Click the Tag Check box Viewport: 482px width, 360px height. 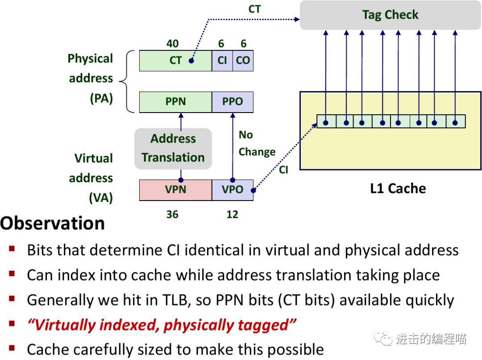pos(390,15)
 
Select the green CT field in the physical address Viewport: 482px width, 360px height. pos(175,61)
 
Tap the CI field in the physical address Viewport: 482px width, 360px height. pos(222,61)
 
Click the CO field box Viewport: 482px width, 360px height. pos(243,61)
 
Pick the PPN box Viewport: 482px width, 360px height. pos(175,102)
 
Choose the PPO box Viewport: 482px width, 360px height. pos(233,102)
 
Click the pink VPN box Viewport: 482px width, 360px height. pos(175,190)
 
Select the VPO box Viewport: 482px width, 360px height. pos(233,190)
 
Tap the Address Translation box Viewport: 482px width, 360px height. pos(173,148)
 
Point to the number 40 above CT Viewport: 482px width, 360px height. pos(172,44)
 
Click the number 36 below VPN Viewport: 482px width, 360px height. pos(172,215)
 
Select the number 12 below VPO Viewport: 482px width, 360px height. pos(232,215)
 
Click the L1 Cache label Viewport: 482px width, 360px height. pos(398,188)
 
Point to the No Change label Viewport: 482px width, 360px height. pos(257,143)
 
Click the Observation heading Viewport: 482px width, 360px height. pos(53,223)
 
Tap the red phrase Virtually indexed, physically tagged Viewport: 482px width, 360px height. pos(162,325)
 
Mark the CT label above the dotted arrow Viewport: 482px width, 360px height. pos(254,9)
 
